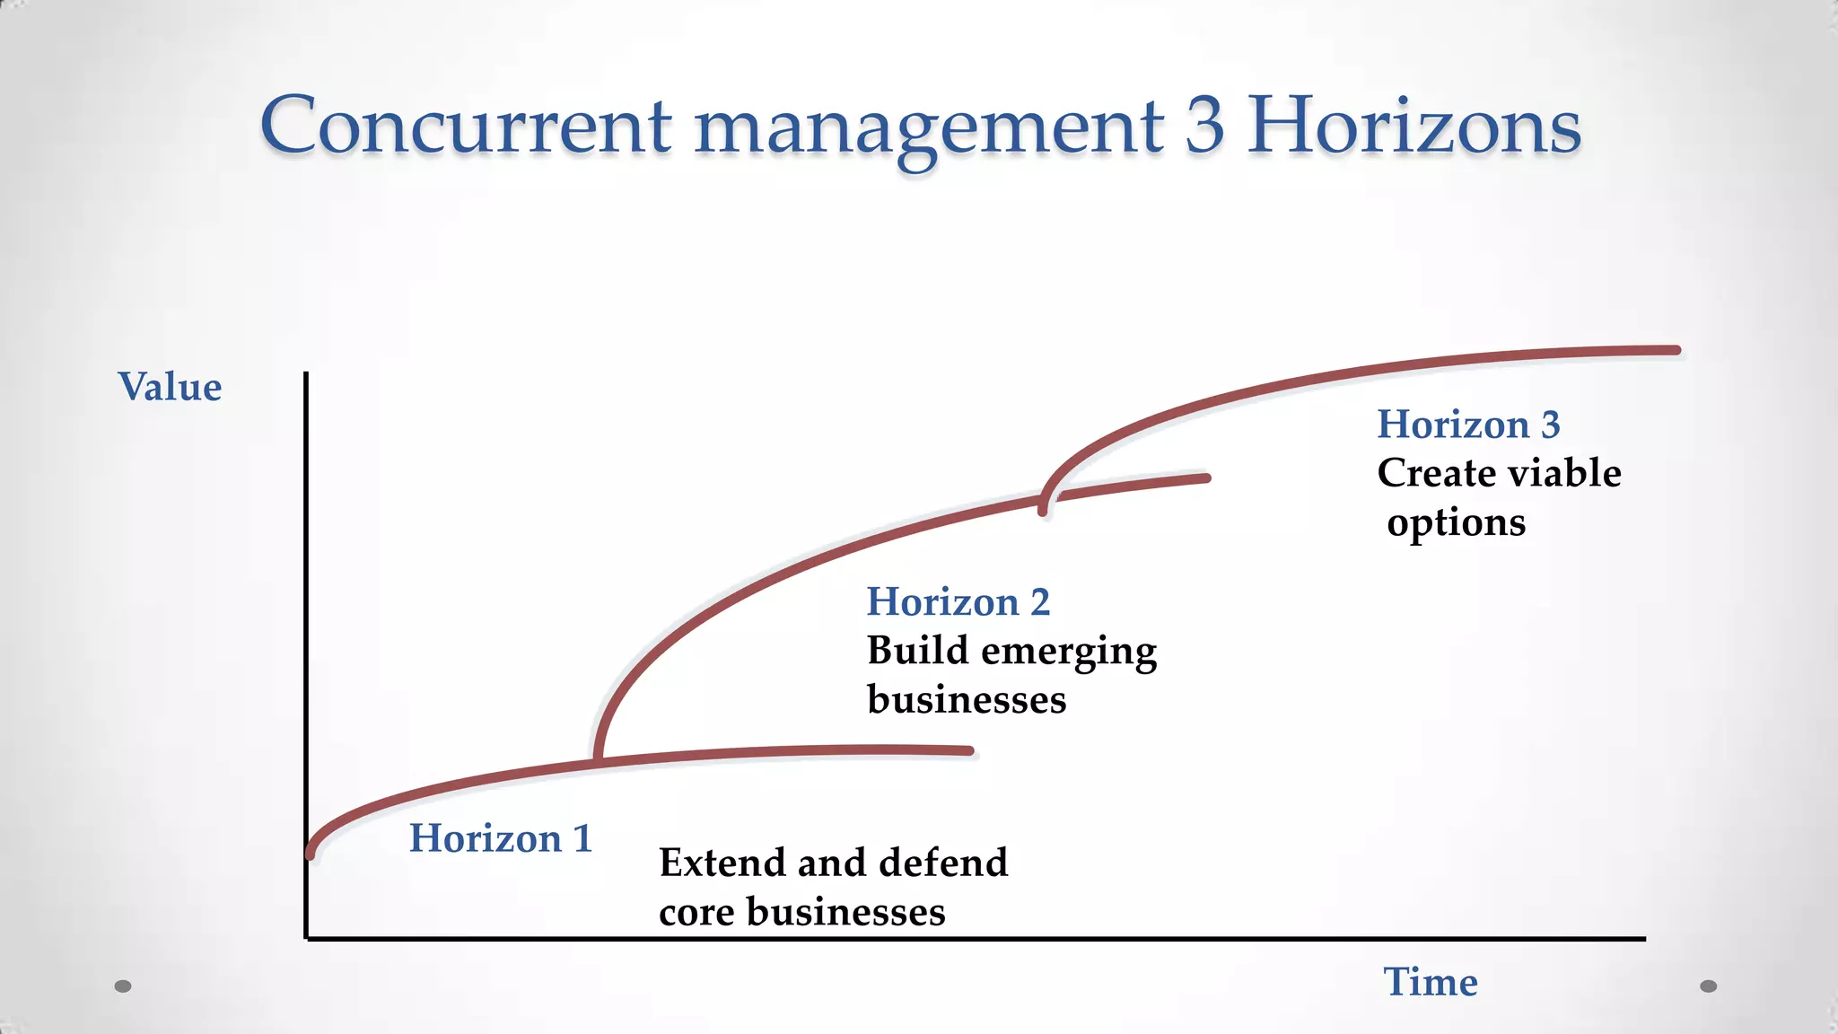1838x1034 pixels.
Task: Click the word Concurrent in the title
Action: (x=465, y=126)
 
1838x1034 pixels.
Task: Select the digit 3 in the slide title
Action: (x=1204, y=126)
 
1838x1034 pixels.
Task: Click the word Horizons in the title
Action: (x=1414, y=126)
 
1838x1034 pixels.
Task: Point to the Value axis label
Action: (x=170, y=387)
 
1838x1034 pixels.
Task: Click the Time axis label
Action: (x=1430, y=982)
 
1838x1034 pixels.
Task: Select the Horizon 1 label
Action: (x=500, y=838)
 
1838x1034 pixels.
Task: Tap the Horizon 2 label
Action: (x=958, y=601)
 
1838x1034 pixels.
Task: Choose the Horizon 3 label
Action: (x=1468, y=425)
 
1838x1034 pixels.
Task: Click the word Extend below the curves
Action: (x=722, y=863)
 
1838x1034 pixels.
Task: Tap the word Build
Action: (x=917, y=651)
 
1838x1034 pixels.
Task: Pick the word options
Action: (x=1456, y=523)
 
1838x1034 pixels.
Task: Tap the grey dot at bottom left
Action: (x=123, y=986)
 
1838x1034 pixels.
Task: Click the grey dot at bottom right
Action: (x=1708, y=986)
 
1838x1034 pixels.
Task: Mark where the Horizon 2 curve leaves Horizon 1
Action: (x=598, y=761)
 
